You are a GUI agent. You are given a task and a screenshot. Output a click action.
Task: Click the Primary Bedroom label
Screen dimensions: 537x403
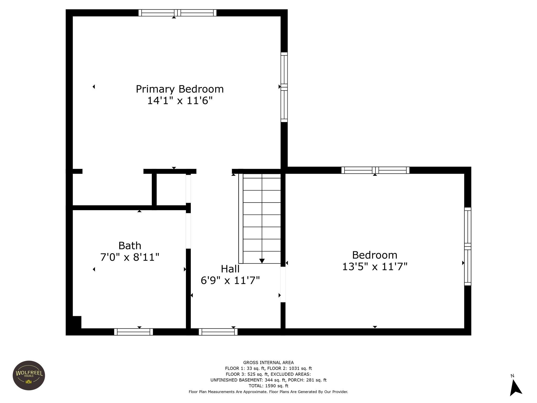pos(180,89)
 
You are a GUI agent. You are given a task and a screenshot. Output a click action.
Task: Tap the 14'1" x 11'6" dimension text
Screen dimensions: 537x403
pos(180,100)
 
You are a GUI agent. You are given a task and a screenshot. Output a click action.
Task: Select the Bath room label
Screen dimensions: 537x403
pos(130,246)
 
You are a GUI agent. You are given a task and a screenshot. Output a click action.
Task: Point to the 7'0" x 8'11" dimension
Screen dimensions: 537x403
pos(130,257)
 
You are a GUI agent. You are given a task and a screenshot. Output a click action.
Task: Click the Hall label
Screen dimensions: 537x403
pos(230,269)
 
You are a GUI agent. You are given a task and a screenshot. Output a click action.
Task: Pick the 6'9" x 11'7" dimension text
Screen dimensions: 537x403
pos(230,280)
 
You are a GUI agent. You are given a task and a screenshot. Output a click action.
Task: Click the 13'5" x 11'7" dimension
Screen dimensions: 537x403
pos(375,267)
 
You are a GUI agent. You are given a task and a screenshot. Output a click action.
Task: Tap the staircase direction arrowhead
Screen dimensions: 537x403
pos(262,261)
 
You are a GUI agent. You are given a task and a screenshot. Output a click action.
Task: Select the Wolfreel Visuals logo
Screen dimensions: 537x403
pos(29,375)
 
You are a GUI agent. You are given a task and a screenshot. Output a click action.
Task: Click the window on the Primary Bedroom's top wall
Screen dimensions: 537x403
pos(178,13)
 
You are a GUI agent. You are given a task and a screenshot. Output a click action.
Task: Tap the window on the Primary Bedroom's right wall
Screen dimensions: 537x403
pos(284,87)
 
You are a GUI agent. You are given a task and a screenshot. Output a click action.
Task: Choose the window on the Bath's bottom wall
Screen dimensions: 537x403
pos(133,332)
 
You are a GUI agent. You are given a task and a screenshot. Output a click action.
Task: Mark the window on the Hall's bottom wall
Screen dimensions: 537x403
pos(218,332)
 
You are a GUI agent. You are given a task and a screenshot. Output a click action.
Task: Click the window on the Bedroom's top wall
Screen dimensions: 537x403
pos(375,170)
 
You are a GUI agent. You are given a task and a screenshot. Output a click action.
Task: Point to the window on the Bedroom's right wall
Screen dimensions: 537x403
pos(468,246)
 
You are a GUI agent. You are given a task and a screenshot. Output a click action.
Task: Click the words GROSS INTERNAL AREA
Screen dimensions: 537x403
pos(268,363)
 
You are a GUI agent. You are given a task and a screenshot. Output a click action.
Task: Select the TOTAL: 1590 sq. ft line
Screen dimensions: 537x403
pos(268,386)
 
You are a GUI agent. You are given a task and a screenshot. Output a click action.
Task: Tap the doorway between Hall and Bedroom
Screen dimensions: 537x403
pos(283,285)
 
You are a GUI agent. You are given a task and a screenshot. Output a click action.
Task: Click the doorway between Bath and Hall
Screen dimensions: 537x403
pos(188,231)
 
